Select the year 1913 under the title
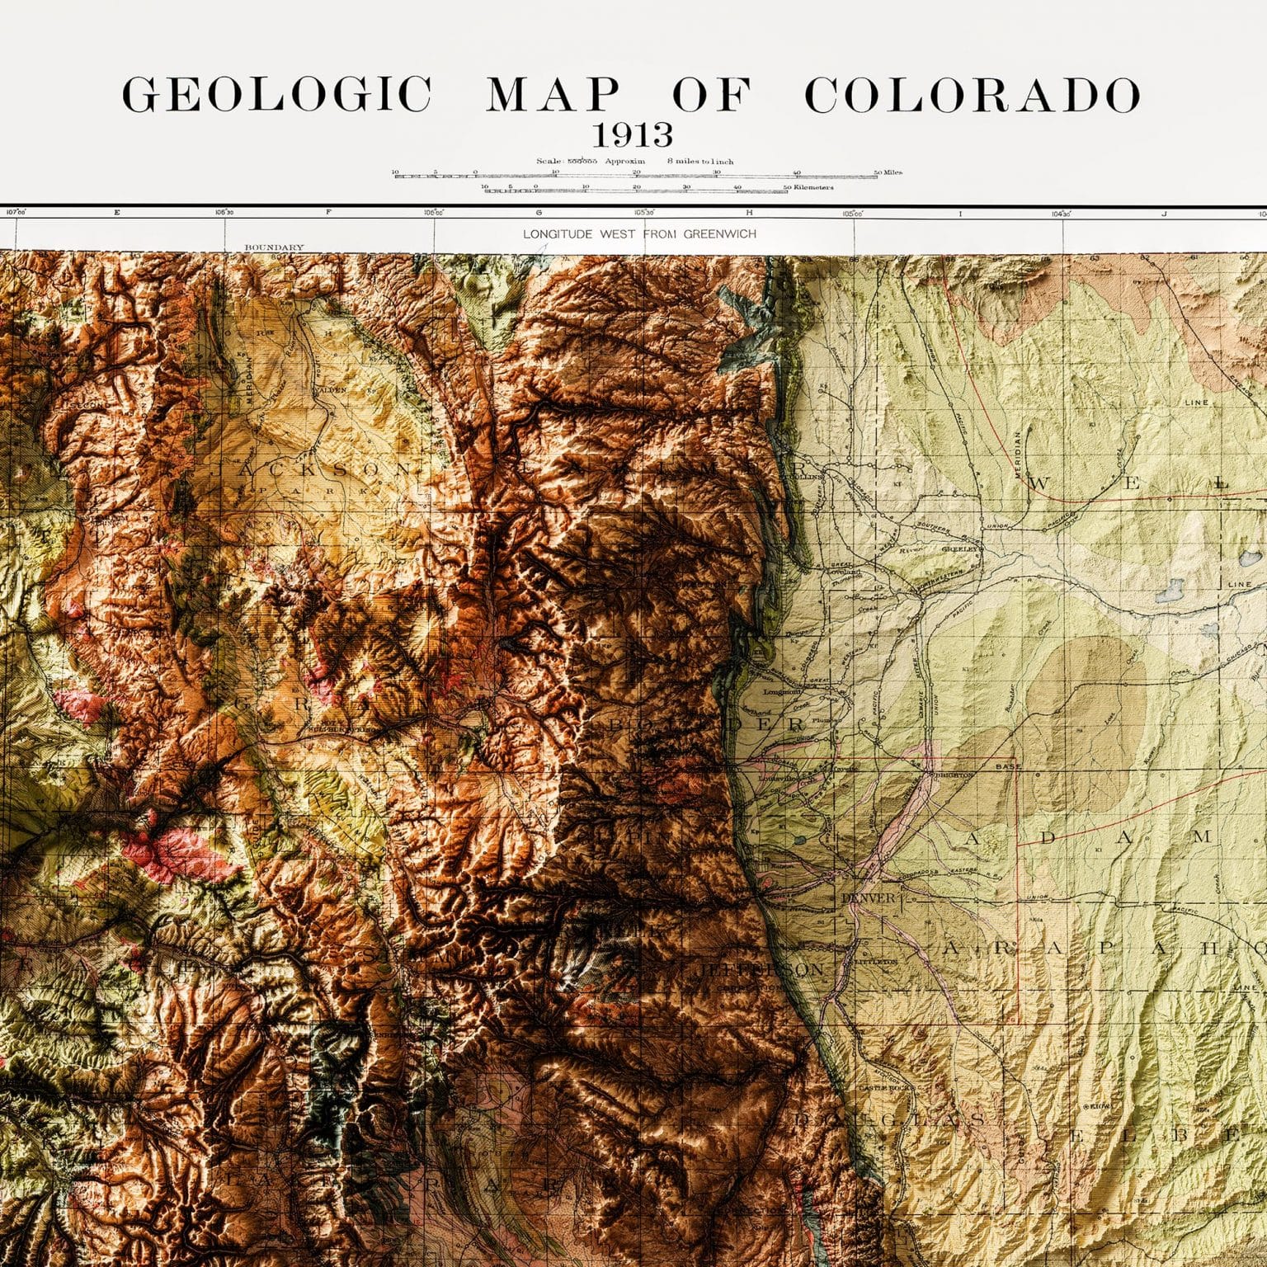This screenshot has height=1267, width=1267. tap(633, 134)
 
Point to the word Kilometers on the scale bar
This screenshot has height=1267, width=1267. tap(813, 188)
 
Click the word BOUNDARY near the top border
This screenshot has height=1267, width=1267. tap(274, 247)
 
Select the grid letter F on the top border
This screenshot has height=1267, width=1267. tap(328, 213)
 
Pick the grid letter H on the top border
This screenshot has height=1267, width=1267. tap(749, 213)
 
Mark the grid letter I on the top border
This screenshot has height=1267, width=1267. tap(959, 213)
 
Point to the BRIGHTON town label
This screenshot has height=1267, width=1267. tap(953, 775)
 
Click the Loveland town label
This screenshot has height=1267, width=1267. tap(845, 572)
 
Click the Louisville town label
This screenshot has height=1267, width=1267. tap(784, 777)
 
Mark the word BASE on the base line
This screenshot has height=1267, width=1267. tap(1007, 766)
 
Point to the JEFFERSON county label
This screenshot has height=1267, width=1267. tap(761, 969)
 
